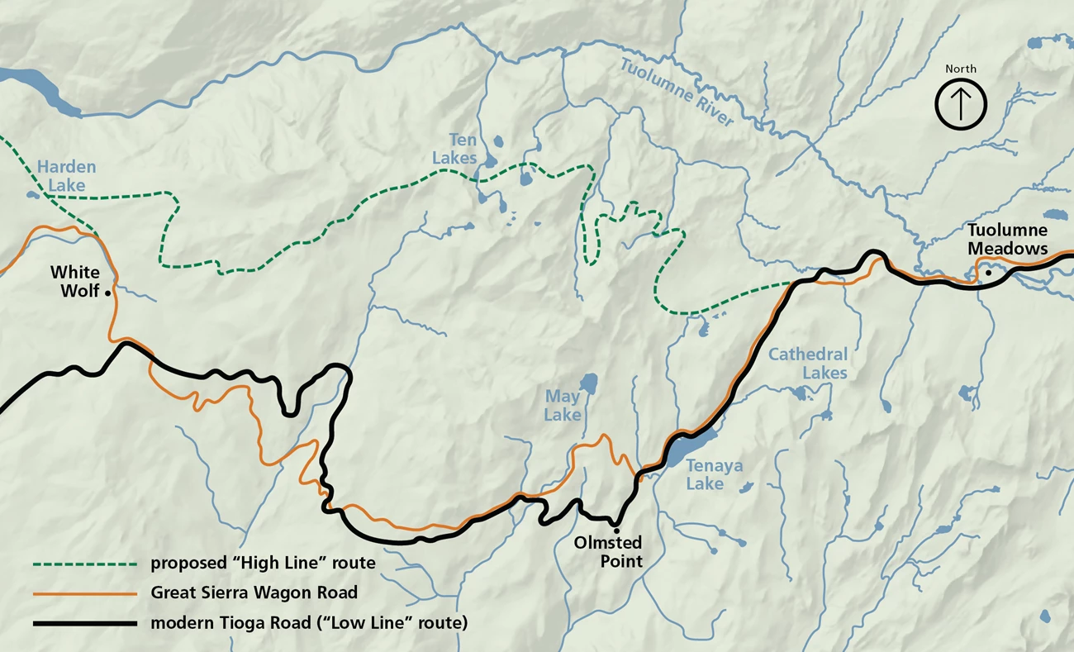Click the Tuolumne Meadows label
(x=1007, y=239)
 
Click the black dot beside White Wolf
(x=108, y=293)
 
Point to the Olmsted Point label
(x=608, y=551)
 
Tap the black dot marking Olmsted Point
(x=616, y=530)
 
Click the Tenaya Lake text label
(x=714, y=475)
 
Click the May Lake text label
(x=562, y=407)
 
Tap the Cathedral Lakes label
(x=807, y=364)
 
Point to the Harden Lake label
(x=66, y=176)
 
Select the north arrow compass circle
(x=961, y=105)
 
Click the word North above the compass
(x=961, y=69)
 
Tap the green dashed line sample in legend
(x=83, y=564)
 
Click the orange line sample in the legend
(x=83, y=593)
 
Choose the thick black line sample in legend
(x=83, y=621)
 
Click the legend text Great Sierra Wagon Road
(x=254, y=593)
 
